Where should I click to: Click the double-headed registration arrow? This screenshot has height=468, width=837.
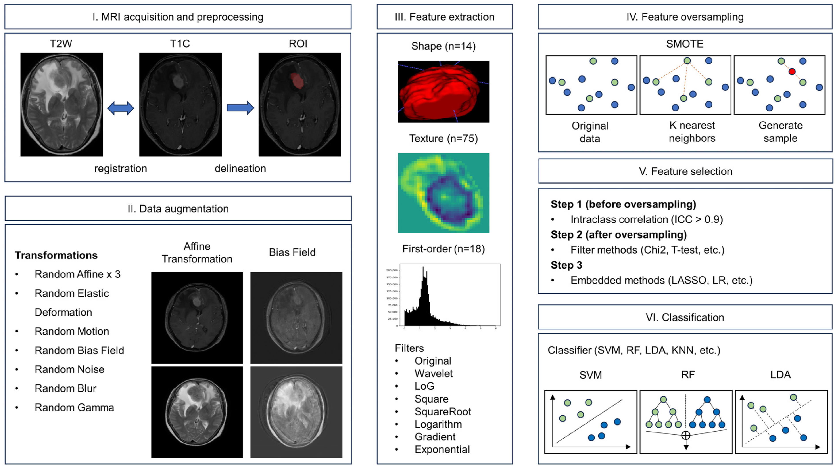coord(121,108)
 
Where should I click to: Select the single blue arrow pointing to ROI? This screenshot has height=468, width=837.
coord(240,108)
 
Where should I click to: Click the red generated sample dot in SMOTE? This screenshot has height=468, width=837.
coord(792,71)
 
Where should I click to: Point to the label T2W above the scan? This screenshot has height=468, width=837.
coord(61,44)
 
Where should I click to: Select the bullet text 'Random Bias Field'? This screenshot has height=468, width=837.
coord(79,350)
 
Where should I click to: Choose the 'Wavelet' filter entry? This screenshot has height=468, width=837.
coord(434,373)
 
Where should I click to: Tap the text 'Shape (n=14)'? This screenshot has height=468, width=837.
coord(443,46)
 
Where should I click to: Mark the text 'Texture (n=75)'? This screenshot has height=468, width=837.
coord(443,138)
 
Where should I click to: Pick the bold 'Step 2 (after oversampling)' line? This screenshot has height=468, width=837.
coord(619,235)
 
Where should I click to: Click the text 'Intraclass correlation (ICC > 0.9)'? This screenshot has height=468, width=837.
coord(647,220)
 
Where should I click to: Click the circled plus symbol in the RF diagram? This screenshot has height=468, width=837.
coord(685,435)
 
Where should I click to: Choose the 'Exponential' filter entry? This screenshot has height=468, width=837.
coord(442,449)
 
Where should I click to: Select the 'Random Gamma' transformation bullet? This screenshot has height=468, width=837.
coord(74,408)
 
